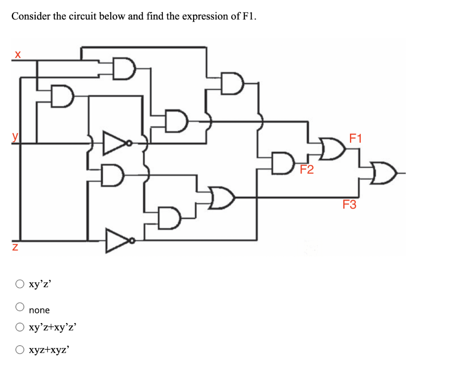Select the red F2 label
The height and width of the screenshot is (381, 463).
coord(307,170)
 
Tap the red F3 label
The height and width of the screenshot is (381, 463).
coord(349,205)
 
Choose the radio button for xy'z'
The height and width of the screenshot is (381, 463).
coord(20,285)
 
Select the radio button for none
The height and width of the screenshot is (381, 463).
coord(20,307)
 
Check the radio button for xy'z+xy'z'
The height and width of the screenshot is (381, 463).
coord(20,327)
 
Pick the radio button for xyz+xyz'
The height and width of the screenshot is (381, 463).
coord(20,349)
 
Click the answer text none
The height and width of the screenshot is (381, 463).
coord(39,310)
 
